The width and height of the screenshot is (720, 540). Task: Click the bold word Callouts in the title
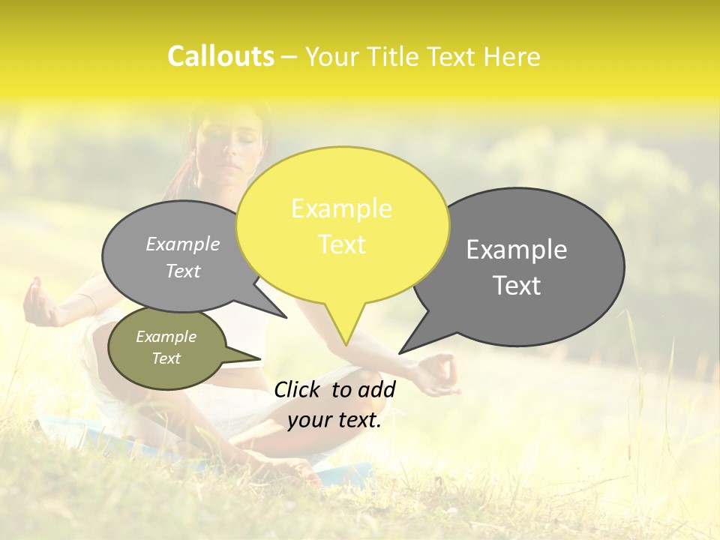[x=220, y=56]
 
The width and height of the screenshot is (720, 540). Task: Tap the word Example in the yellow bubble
[x=341, y=208]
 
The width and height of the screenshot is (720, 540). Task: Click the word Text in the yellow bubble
[x=342, y=244]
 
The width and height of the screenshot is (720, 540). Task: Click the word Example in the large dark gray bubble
[x=517, y=250]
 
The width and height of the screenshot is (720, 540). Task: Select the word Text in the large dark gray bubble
[x=517, y=286]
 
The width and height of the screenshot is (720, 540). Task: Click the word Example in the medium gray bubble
[x=183, y=244]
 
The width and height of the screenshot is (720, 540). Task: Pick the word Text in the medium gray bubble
[x=183, y=271]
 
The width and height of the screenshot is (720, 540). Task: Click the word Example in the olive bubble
[x=166, y=337]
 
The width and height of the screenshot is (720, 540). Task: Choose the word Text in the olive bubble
[x=166, y=358]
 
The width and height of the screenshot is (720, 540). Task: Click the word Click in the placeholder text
[x=298, y=389]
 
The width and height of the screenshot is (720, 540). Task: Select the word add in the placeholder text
[x=377, y=389]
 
